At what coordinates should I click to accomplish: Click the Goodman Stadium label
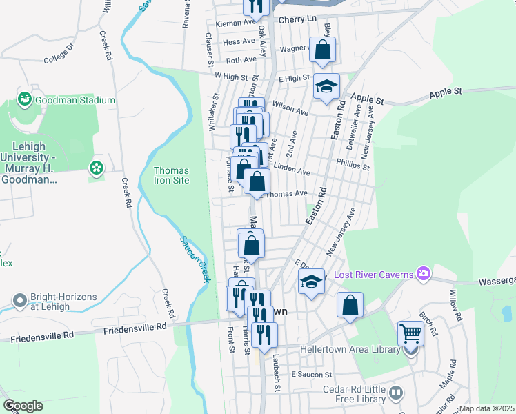76,100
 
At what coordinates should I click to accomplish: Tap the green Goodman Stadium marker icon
26,99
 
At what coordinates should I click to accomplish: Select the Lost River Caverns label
373,275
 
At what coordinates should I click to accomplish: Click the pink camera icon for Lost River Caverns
423,275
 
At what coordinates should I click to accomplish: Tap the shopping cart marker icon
410,334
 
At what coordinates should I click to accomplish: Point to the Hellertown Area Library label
350,349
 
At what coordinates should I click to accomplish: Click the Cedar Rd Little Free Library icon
396,393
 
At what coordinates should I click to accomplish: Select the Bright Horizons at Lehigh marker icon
19,301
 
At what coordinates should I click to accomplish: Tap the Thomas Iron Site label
171,175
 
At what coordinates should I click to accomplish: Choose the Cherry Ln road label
297,20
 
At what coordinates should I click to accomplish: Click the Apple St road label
445,92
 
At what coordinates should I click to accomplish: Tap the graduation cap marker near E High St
327,86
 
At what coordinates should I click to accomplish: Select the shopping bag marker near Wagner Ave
323,50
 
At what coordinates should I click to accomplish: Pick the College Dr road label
58,56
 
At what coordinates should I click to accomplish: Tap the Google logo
23,406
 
